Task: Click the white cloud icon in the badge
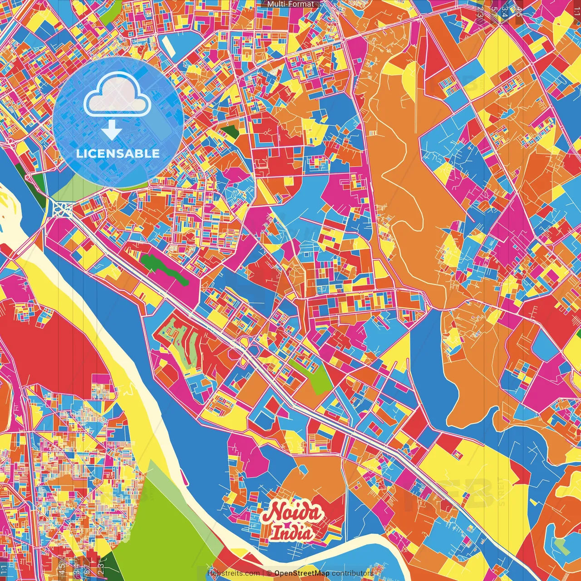coord(117,95)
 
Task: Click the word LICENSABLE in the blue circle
coord(118,153)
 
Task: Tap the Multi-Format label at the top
coord(290,4)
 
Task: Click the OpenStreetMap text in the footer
coord(302,573)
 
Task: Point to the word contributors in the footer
coord(353,573)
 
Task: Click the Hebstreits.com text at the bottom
coord(234,573)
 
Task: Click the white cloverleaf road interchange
coord(61,209)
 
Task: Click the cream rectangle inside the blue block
coord(167,44)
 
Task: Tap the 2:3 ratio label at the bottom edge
coord(101,567)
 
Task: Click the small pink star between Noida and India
coord(291,525)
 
